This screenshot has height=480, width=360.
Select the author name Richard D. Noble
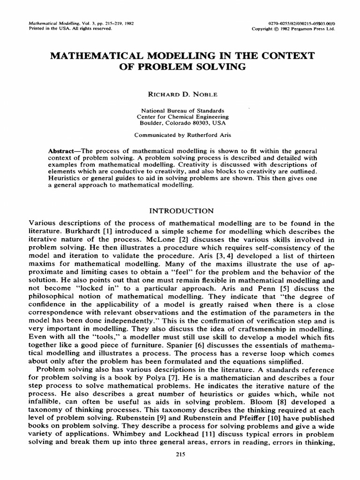(x=180, y=94)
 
